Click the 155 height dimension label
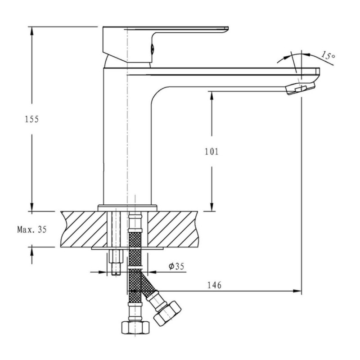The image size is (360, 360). tap(31, 119)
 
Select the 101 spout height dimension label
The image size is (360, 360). tap(211, 152)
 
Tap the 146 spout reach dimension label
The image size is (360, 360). tap(215, 285)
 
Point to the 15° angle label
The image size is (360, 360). tap(328, 55)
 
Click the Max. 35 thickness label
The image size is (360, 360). tap(32, 229)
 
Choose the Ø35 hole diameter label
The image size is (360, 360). tap(176, 266)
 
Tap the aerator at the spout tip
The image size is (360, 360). tap(300, 88)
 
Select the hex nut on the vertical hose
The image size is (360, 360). tap(135, 328)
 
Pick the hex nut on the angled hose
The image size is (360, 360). tap(167, 313)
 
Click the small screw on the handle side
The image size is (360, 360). tap(152, 49)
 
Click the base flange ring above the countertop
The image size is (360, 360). tap(127, 208)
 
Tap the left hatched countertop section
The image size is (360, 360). tap(84, 229)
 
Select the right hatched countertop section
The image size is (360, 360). tap(173, 229)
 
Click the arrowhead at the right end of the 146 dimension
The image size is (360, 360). tap(297, 291)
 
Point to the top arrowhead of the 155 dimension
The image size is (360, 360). tap(31, 31)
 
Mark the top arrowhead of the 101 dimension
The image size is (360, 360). tap(211, 95)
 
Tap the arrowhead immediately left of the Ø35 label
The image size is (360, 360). tap(152, 272)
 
